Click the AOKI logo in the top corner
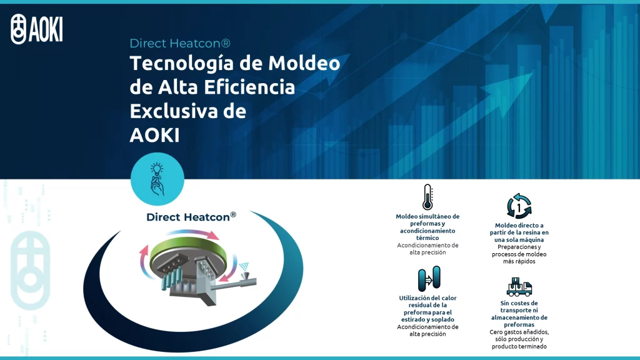(x=37, y=29)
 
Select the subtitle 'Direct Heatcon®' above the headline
(x=180, y=43)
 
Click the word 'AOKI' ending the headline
(x=154, y=134)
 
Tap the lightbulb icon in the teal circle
(x=157, y=179)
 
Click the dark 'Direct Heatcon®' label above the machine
(x=191, y=217)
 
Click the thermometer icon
(x=427, y=197)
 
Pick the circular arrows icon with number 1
(x=519, y=206)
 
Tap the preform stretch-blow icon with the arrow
(x=428, y=277)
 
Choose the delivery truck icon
(x=519, y=287)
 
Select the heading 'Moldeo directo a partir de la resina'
(x=519, y=232)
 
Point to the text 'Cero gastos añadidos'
(x=519, y=332)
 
